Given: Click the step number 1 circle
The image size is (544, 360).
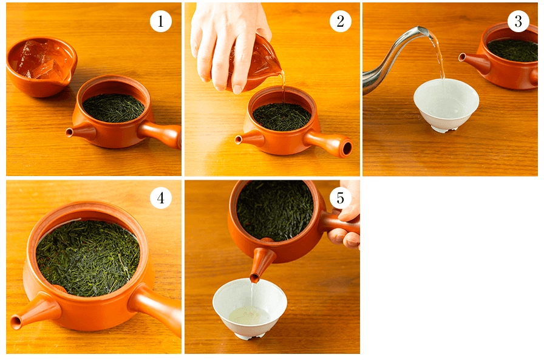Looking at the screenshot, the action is coord(161,21).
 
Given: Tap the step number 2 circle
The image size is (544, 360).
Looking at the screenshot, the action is coord(341,21).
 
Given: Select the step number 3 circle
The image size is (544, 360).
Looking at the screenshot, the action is coord(518,21).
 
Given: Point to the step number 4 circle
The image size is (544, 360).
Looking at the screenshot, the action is coord(161,198).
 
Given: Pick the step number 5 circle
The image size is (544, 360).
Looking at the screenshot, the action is coord(341,198).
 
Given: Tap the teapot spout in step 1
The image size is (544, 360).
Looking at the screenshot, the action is coord(81,132).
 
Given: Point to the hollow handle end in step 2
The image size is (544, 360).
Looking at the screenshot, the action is coord(347,149).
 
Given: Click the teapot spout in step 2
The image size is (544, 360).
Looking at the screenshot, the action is coord(249,139).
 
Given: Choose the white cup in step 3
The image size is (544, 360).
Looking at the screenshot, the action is coord(446,104).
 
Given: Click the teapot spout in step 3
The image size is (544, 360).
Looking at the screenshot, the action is coord(474,63).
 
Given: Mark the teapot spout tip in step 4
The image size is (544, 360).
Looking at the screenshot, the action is coord(15,322).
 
